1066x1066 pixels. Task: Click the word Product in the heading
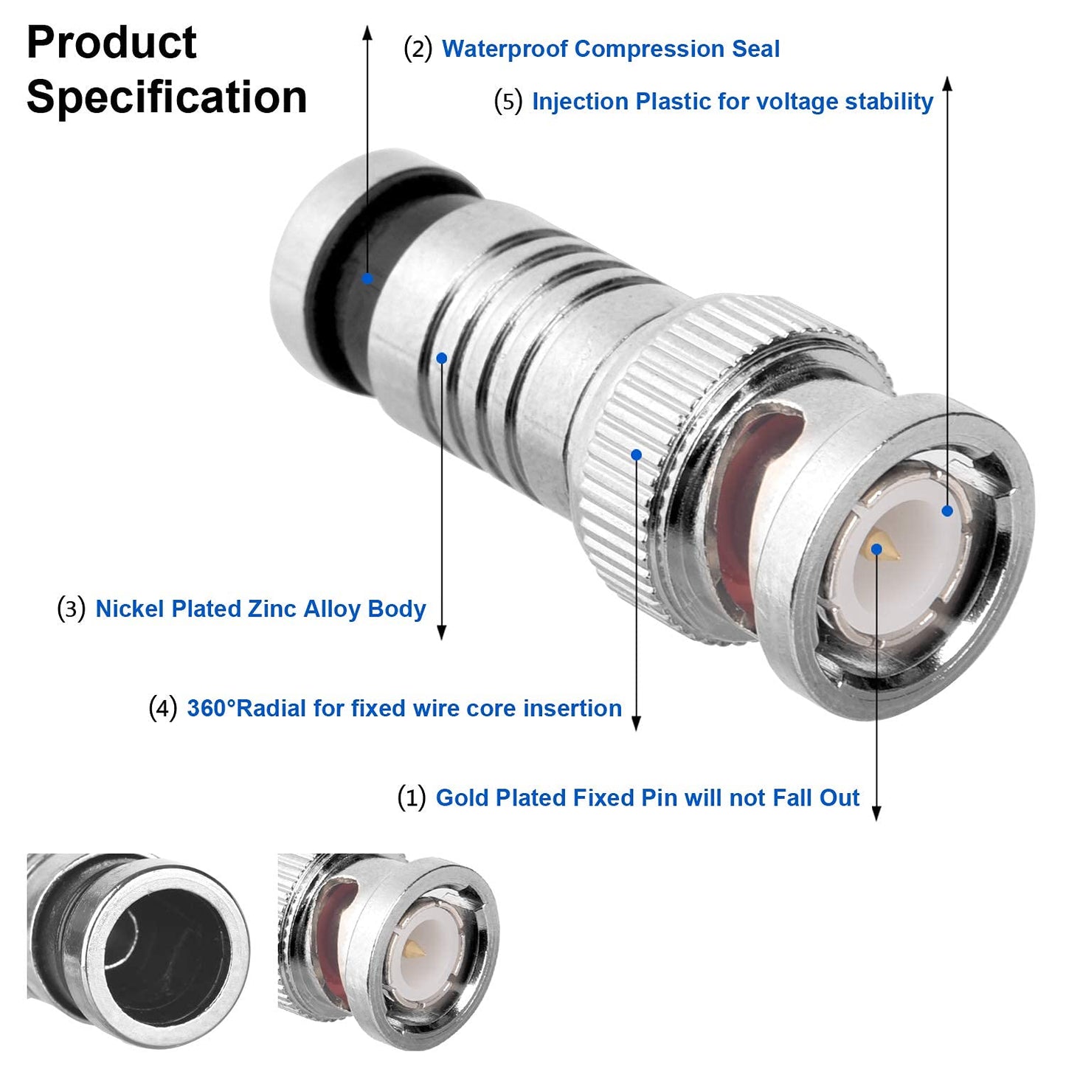pyautogui.click(x=111, y=42)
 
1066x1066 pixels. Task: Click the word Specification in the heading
pyautogui.click(x=167, y=97)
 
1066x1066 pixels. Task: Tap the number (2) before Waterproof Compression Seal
pyautogui.click(x=418, y=49)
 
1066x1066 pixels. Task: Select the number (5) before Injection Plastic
pyautogui.click(x=508, y=101)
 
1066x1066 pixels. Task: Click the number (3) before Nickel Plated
pyautogui.click(x=71, y=609)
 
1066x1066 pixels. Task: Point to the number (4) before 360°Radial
pyautogui.click(x=162, y=708)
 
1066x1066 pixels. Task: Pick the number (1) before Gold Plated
pyautogui.click(x=411, y=797)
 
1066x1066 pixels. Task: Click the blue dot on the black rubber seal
pyautogui.click(x=367, y=278)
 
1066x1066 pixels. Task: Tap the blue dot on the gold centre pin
pyautogui.click(x=876, y=549)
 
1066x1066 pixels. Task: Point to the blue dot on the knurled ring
pyautogui.click(x=637, y=455)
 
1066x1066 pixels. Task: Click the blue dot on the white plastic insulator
pyautogui.click(x=947, y=510)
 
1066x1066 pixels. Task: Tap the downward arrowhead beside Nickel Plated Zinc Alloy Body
pyautogui.click(x=442, y=632)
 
